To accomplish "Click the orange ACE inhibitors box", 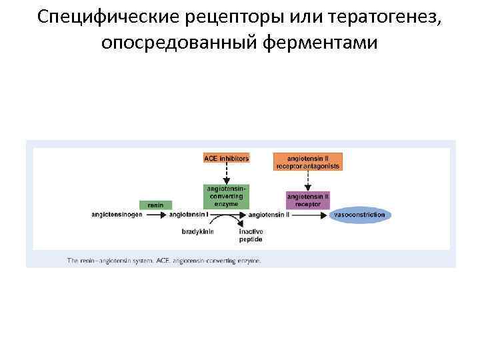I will pyautogui.click(x=226, y=158).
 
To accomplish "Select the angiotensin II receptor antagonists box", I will pyautogui.click(x=307, y=162).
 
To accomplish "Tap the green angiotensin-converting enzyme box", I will pyautogui.click(x=226, y=197).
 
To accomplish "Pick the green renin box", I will pyautogui.click(x=155, y=205).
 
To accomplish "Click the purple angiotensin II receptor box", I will pyautogui.click(x=307, y=200).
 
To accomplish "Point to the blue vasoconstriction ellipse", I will pyautogui.click(x=359, y=215).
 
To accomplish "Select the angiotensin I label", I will pyautogui.click(x=189, y=215).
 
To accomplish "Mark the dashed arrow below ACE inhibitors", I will pyautogui.click(x=226, y=174).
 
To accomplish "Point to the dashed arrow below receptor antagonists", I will pyautogui.click(x=307, y=180).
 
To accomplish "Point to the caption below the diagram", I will pyautogui.click(x=164, y=261).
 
